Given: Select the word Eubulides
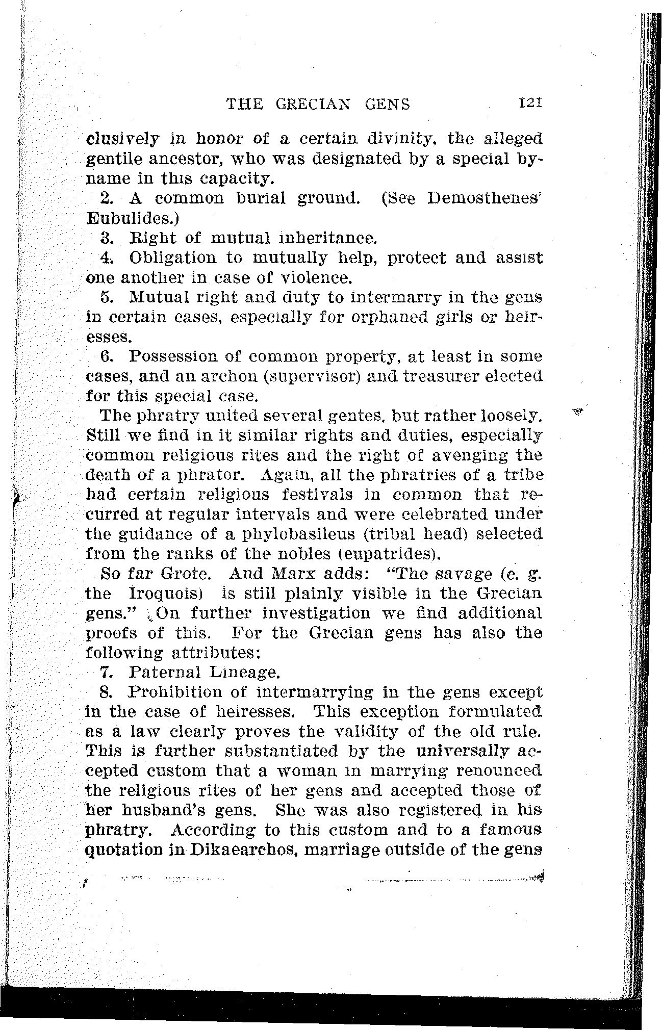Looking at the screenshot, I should point(131,218).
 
